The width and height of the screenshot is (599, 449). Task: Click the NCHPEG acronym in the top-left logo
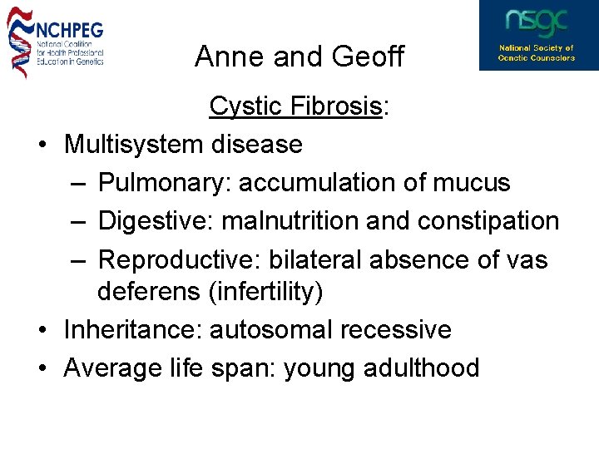coord(70,31)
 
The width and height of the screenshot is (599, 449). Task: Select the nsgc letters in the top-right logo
coord(537,22)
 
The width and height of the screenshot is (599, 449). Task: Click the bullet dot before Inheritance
coord(42,330)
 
